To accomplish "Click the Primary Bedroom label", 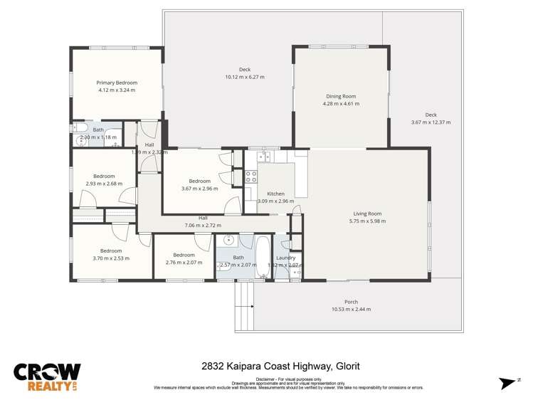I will coord(116,83).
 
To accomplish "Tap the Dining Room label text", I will coord(341,96).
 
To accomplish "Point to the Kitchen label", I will coord(275,194).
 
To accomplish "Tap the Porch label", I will coord(351,301).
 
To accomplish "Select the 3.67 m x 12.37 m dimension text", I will coord(431,122).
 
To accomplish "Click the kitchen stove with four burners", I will coord(251,176).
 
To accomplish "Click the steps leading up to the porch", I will coord(244,298).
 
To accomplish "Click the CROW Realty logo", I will coord(47,377).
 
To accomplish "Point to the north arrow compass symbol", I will coord(507,382).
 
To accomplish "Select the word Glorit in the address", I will coord(347,367).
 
